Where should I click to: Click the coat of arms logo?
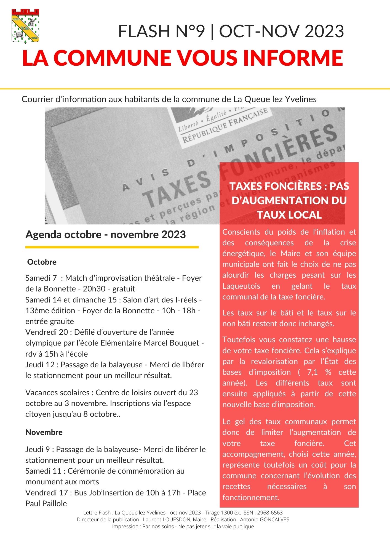[x=25, y=26]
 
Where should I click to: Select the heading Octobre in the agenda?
[x=42, y=262]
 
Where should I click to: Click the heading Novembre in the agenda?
[x=44, y=432]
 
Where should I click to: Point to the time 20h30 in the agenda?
[x=94, y=289]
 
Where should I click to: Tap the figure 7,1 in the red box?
[x=312, y=372]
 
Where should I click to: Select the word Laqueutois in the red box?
[x=241, y=286]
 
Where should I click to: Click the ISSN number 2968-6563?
[x=270, y=513]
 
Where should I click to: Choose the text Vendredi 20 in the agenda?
[x=46, y=332]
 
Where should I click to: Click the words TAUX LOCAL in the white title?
[x=289, y=215]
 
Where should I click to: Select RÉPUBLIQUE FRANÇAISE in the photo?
[x=225, y=126]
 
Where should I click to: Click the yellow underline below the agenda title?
[x=112, y=247]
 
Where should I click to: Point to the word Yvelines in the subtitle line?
[x=300, y=99]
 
